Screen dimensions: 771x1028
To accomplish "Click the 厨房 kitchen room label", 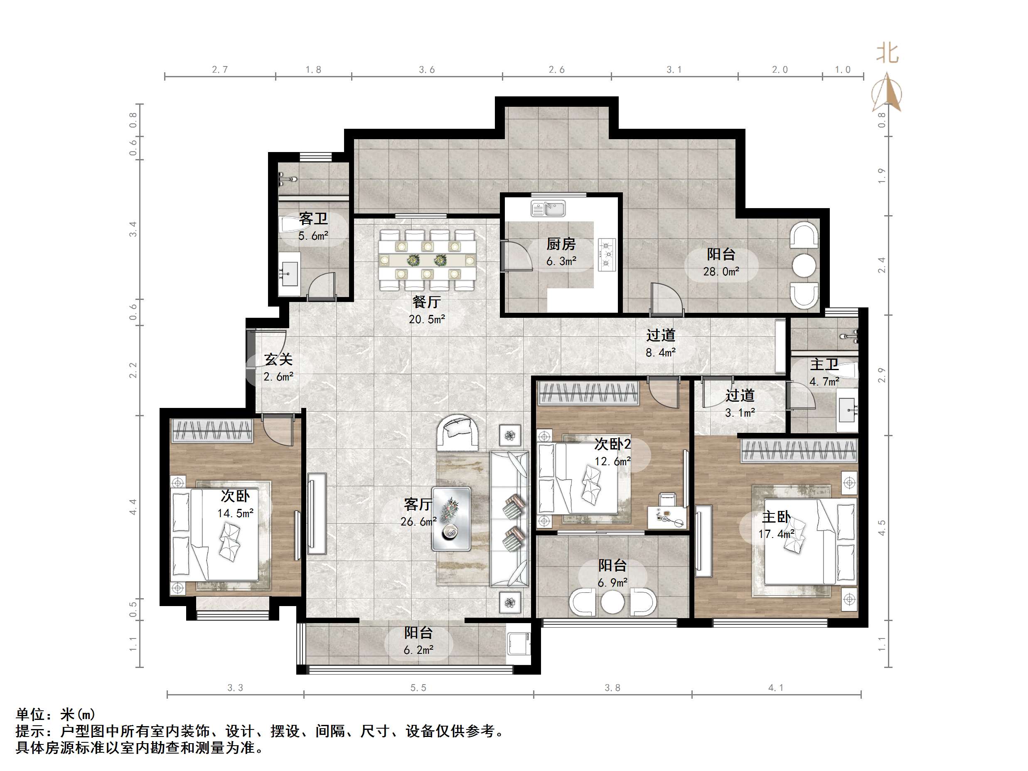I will pyautogui.click(x=561, y=244).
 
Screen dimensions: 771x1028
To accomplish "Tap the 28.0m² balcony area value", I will pyautogui.click(x=721, y=272).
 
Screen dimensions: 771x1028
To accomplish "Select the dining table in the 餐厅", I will pyautogui.click(x=427, y=260).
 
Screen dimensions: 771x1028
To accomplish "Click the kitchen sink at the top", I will pyautogui.click(x=548, y=209).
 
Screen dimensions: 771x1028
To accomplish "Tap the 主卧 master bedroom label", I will pyautogui.click(x=776, y=517).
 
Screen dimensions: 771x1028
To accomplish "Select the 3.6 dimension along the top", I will pyautogui.click(x=427, y=70).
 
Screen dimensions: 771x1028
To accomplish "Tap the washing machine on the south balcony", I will pyautogui.click(x=519, y=643).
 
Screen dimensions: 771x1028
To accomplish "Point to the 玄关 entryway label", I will pyautogui.click(x=278, y=359).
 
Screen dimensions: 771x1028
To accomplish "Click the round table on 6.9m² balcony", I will pyautogui.click(x=612, y=603).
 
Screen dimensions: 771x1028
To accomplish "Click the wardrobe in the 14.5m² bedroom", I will pyautogui.click(x=212, y=430).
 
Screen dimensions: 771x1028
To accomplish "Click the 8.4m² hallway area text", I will pyautogui.click(x=660, y=353).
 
